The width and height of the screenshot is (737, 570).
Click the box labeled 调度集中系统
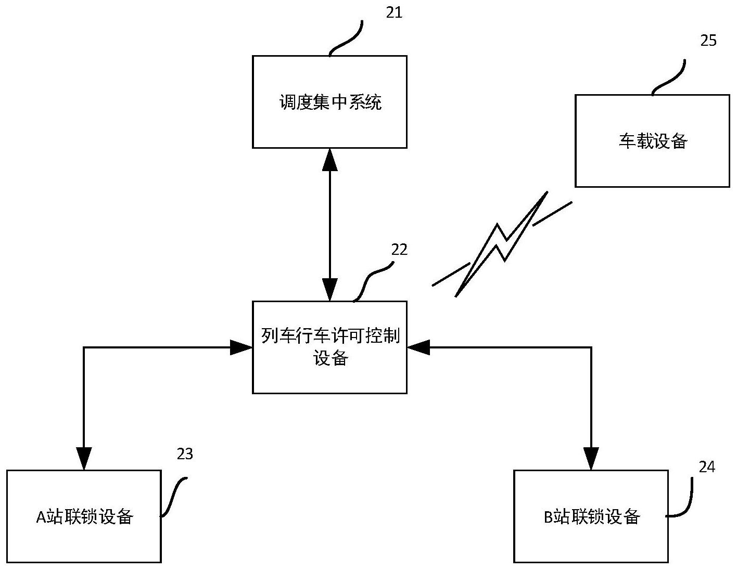(x=329, y=102)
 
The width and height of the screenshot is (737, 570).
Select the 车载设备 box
(x=652, y=141)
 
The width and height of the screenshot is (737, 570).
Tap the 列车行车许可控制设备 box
(x=329, y=347)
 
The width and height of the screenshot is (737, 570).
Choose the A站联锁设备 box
(x=84, y=516)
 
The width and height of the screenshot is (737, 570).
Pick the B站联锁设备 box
(x=591, y=516)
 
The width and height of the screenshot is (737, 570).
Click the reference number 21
(x=394, y=12)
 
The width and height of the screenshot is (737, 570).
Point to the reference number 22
(x=399, y=250)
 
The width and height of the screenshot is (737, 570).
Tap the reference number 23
(x=185, y=454)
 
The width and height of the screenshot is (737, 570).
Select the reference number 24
(x=706, y=467)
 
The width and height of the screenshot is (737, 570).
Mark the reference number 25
(x=708, y=41)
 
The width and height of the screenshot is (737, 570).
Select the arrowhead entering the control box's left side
(x=241, y=347)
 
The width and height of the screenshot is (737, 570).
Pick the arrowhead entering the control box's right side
(x=418, y=347)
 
